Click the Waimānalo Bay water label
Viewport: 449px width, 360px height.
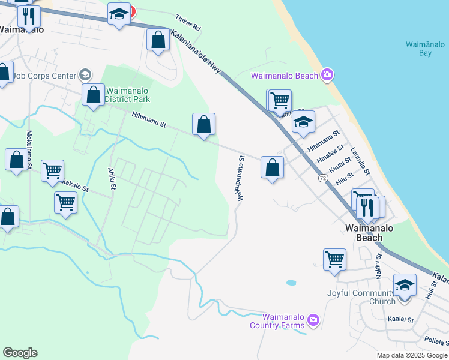(x=419, y=49)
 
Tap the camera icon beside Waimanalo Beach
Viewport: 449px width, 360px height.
(x=327, y=75)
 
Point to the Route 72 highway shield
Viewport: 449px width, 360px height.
(x=323, y=178)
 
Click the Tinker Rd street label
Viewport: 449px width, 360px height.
(x=188, y=23)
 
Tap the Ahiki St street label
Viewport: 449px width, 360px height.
(x=112, y=179)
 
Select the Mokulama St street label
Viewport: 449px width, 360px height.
(x=28, y=145)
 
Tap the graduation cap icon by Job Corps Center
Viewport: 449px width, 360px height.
(x=85, y=75)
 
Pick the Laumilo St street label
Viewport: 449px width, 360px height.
(x=360, y=162)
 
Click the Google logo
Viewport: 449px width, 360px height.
(x=20, y=353)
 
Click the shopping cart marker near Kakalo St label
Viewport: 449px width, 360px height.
(x=53, y=170)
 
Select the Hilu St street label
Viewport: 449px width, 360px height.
(x=346, y=180)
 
